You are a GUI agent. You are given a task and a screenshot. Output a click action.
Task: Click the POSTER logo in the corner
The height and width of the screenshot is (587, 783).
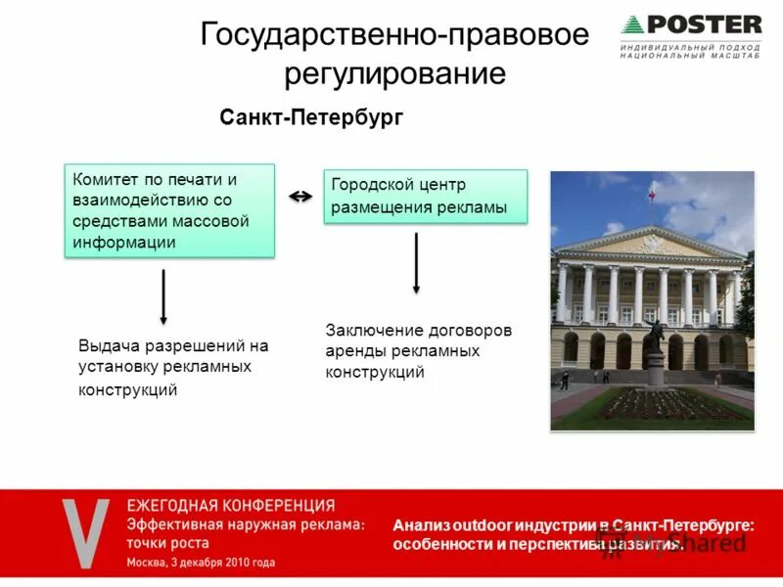690,24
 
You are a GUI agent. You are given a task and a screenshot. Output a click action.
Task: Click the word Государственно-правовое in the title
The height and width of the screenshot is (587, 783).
394,35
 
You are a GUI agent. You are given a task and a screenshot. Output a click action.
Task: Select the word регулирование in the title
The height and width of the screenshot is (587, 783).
394,74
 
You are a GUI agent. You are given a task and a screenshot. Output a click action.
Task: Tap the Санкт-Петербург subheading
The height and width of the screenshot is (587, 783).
311,117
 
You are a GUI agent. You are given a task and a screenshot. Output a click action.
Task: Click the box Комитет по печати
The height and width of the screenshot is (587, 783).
169,211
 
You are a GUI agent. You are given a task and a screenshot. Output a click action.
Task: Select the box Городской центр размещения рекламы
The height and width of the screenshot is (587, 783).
425,197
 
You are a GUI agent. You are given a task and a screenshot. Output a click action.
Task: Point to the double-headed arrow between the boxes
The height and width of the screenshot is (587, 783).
300,197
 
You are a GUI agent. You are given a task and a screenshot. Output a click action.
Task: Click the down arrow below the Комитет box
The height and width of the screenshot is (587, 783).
163,297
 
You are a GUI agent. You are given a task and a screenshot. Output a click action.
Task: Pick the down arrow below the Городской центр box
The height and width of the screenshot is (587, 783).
416,263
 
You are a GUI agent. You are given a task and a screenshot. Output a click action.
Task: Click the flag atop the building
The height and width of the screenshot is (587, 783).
651,196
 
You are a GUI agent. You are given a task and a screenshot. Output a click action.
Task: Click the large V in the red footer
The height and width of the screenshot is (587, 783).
86,534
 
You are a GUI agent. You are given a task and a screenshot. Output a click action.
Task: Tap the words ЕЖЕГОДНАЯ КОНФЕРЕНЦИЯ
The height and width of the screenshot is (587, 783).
230,506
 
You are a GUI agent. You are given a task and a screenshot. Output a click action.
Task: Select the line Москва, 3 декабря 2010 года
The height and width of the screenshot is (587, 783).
201,563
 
